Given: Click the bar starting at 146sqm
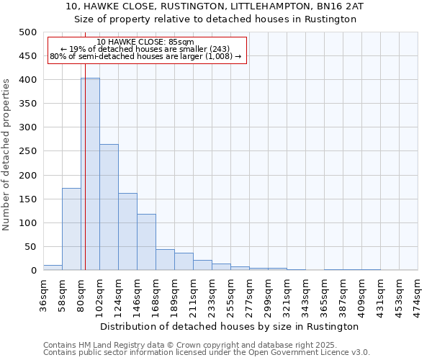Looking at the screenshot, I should [146, 242].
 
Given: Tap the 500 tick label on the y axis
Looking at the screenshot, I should [27, 32].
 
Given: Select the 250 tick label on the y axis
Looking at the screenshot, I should [27, 151].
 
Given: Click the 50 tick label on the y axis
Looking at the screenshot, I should [30, 247].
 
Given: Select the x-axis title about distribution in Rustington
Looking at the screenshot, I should [230, 326].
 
